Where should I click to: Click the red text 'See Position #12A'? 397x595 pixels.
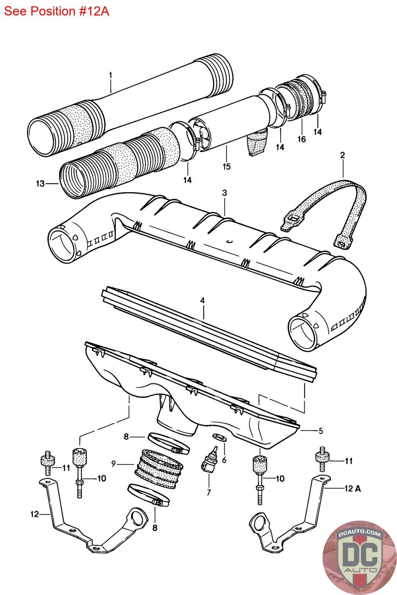click(x=57, y=11)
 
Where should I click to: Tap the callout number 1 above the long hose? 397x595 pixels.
click(x=111, y=75)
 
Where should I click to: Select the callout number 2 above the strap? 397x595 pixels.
click(x=343, y=155)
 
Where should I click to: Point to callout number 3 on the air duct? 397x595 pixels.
click(x=224, y=193)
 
